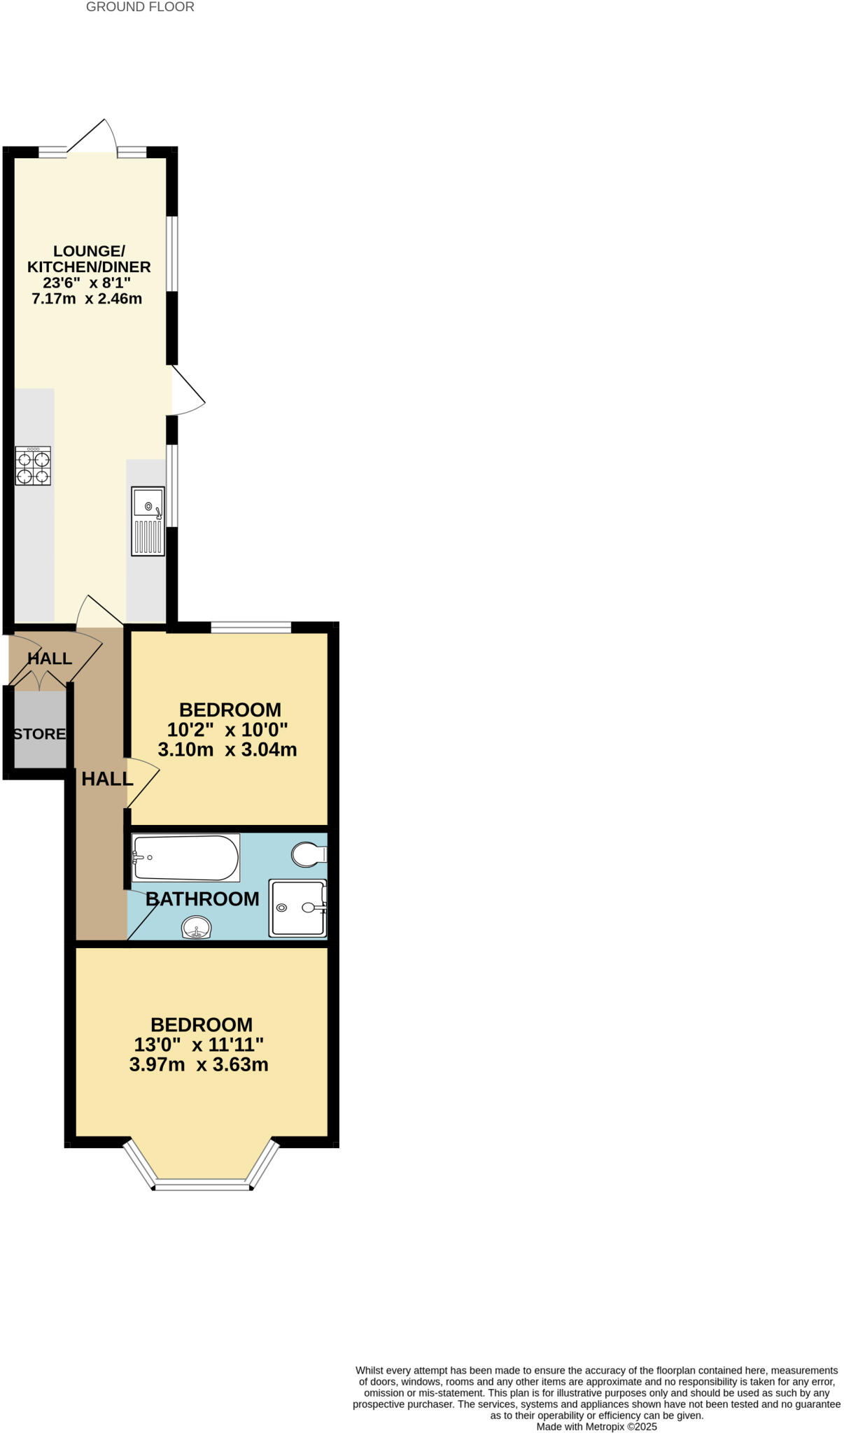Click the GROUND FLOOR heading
[140, 7]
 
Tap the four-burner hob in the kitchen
[33, 466]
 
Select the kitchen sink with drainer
[148, 521]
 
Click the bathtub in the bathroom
[185, 857]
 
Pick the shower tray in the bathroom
[297, 908]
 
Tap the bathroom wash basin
[196, 929]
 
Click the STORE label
[40, 734]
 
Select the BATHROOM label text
[202, 898]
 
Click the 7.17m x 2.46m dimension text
[87, 299]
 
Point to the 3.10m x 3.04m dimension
[227, 749]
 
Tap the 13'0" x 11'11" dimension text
[199, 1045]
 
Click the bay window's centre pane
[202, 1185]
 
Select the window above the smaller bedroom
[251, 627]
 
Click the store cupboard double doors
[40, 679]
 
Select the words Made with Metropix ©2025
[596, 1427]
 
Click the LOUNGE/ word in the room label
[89, 250]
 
